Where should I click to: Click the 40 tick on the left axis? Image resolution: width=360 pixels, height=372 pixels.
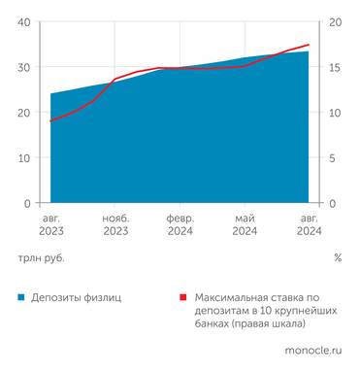pos(24,22)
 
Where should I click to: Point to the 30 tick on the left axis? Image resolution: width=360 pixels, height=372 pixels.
pos(24,68)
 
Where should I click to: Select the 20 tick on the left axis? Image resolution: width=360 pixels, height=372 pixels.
pos(24,113)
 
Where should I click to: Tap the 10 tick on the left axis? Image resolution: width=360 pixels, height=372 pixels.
pos(24,158)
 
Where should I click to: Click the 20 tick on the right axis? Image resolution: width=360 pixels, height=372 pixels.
pos(336,22)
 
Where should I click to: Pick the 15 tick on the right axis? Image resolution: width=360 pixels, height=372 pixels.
pos(336,68)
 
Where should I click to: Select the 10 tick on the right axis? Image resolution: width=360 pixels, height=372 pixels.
pos(336,113)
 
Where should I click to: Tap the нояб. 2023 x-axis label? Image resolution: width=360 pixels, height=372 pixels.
pos(115,225)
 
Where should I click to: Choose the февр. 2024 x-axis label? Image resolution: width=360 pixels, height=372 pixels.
pos(180,225)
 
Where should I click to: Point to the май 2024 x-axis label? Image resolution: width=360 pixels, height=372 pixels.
pos(245,225)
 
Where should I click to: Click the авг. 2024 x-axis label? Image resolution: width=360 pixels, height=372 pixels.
pos(309,225)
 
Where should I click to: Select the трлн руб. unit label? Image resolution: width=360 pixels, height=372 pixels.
pos(40,258)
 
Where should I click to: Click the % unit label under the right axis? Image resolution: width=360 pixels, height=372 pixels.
pos(338,258)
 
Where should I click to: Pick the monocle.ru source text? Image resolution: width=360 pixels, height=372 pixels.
pos(312,349)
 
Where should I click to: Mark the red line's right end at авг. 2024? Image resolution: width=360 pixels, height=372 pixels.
pos(309,45)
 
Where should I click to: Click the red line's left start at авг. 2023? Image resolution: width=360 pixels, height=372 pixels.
pos(50,120)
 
